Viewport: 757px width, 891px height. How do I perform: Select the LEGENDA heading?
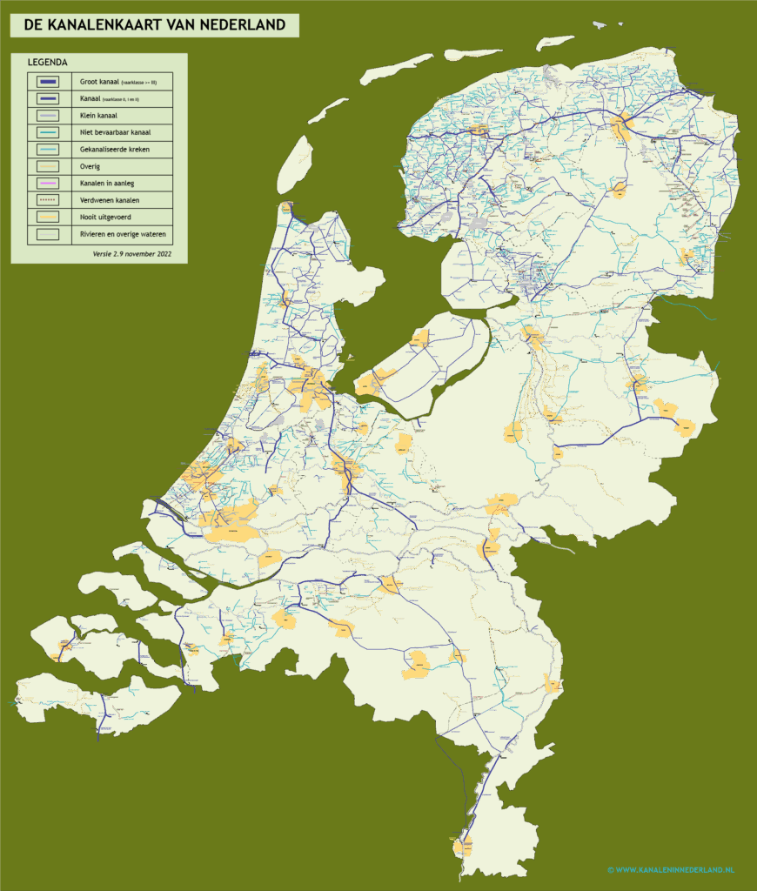(48, 63)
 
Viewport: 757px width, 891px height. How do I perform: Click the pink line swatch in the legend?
(48, 183)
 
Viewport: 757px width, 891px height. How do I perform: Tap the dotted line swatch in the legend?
(48, 200)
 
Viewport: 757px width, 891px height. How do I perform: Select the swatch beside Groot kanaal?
(48, 82)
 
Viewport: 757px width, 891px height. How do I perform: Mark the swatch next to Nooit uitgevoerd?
(48, 217)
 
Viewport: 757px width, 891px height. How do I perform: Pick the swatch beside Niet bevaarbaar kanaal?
(48, 132)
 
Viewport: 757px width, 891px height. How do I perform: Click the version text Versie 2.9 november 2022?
(132, 254)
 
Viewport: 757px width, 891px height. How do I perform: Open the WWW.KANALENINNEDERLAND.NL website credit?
(671, 869)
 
